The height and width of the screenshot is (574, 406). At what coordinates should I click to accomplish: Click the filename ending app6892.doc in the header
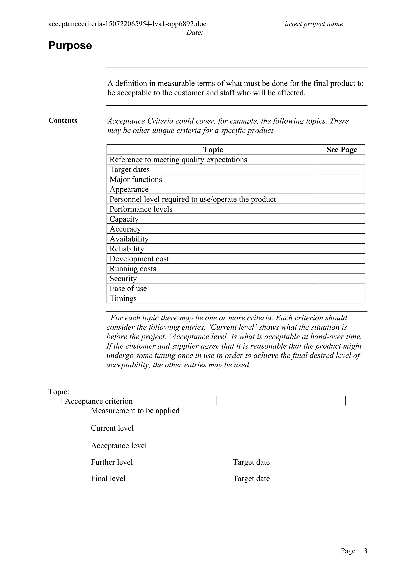click(x=127, y=24)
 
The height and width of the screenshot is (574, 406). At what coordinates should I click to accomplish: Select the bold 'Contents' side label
click(x=63, y=120)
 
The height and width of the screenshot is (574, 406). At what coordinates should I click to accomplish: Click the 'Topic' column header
click(x=213, y=150)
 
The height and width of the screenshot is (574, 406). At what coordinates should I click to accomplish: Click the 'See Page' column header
click(x=342, y=150)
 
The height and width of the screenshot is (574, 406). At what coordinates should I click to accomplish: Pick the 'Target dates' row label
click(x=130, y=170)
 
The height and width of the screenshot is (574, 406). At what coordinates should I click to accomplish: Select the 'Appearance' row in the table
click(x=129, y=189)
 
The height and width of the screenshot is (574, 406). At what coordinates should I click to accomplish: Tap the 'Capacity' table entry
click(x=124, y=219)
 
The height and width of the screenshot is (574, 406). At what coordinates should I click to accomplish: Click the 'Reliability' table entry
click(x=127, y=249)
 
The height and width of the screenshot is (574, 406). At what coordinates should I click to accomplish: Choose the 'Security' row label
click(x=123, y=278)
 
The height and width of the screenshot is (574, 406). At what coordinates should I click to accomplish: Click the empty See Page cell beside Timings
click(x=342, y=298)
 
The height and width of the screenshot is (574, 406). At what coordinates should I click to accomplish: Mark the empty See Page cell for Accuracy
click(x=342, y=229)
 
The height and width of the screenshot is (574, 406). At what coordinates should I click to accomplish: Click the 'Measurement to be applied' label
click(x=135, y=411)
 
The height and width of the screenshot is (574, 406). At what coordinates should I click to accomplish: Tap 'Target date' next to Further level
click(x=251, y=462)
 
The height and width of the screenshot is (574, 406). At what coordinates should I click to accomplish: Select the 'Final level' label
click(x=108, y=479)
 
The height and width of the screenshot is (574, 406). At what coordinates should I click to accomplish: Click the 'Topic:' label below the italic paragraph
click(x=59, y=392)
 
